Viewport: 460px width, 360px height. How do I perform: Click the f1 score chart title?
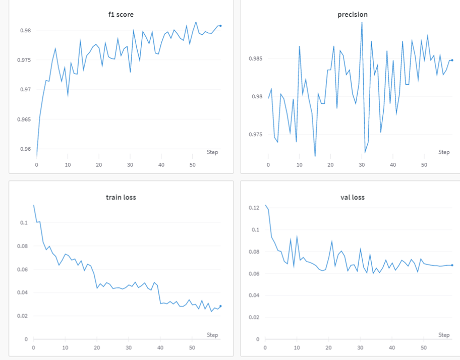121,15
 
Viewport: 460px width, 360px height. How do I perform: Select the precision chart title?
353,15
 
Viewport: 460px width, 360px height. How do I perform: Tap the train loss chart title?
121,197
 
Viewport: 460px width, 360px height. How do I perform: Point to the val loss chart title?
353,197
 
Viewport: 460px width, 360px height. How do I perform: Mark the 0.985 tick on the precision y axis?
256,58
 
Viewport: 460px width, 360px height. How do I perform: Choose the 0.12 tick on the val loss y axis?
254,208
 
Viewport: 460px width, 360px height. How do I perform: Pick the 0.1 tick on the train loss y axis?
24,223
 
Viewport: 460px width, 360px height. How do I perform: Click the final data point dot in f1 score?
220,26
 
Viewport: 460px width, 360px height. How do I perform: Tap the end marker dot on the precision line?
452,60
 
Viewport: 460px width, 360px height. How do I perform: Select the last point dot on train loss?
220,306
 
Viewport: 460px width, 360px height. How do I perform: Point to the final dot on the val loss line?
452,265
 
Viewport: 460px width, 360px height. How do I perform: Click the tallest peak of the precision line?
362,22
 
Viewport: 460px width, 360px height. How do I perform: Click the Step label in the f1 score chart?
212,152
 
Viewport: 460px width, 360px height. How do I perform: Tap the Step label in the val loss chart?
444,335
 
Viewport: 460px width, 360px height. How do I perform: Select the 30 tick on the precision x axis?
362,165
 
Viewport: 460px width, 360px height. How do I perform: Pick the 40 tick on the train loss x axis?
160,348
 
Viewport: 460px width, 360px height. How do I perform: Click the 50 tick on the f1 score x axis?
193,165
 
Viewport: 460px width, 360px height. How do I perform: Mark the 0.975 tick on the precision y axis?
256,135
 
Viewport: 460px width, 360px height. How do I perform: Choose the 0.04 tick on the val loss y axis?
254,295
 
